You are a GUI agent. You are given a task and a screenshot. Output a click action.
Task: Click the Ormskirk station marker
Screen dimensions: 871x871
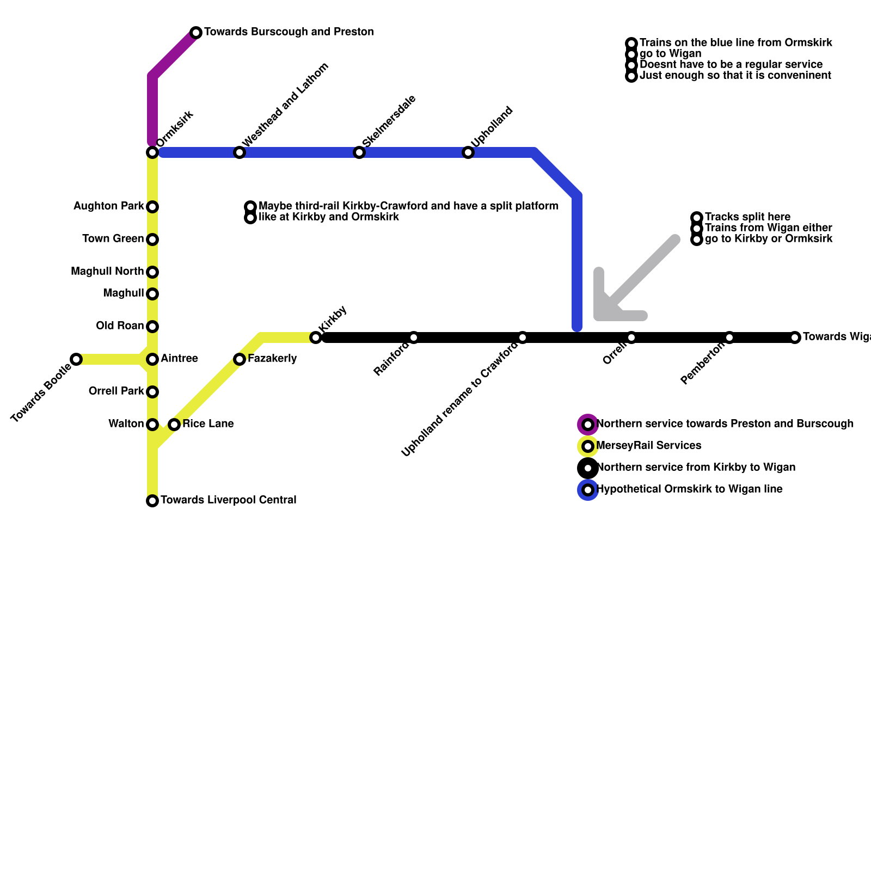click(x=152, y=152)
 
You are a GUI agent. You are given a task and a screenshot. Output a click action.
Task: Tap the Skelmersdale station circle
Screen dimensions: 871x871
click(x=359, y=152)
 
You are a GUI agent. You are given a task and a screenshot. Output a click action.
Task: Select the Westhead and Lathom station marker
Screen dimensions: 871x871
click(x=240, y=152)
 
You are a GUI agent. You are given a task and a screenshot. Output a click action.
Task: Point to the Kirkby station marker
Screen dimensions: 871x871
click(x=316, y=338)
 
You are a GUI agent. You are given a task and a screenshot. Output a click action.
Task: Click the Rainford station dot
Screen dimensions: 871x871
click(x=414, y=338)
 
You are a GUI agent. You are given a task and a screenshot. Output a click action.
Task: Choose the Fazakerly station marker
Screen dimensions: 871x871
click(x=240, y=359)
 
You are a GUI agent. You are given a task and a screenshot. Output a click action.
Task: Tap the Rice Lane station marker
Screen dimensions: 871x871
click(x=174, y=425)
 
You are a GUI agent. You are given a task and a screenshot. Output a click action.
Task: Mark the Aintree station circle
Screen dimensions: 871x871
click(x=152, y=359)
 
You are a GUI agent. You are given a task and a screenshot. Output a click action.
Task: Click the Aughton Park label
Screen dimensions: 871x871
click(x=108, y=206)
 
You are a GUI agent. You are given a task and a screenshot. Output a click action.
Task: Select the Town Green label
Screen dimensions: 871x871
click(x=113, y=239)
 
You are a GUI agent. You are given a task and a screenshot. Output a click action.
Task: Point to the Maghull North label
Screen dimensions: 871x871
click(x=107, y=272)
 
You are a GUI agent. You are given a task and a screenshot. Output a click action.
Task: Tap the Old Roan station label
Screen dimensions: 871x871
click(x=120, y=326)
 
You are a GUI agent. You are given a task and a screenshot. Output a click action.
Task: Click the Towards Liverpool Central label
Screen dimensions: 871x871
click(x=228, y=500)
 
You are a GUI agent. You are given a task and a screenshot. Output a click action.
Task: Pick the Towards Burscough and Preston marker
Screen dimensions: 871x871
click(x=196, y=33)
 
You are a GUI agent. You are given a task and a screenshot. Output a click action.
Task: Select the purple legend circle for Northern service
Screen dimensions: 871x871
click(x=588, y=425)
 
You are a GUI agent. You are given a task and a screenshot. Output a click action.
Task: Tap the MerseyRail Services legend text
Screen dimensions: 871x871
click(x=649, y=446)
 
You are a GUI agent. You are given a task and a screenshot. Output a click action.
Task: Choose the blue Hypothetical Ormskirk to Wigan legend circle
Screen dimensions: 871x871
click(x=588, y=490)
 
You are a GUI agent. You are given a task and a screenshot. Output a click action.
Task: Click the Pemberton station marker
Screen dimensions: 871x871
click(x=729, y=338)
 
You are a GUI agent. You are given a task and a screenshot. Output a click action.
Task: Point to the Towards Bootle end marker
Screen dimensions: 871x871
click(x=76, y=359)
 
